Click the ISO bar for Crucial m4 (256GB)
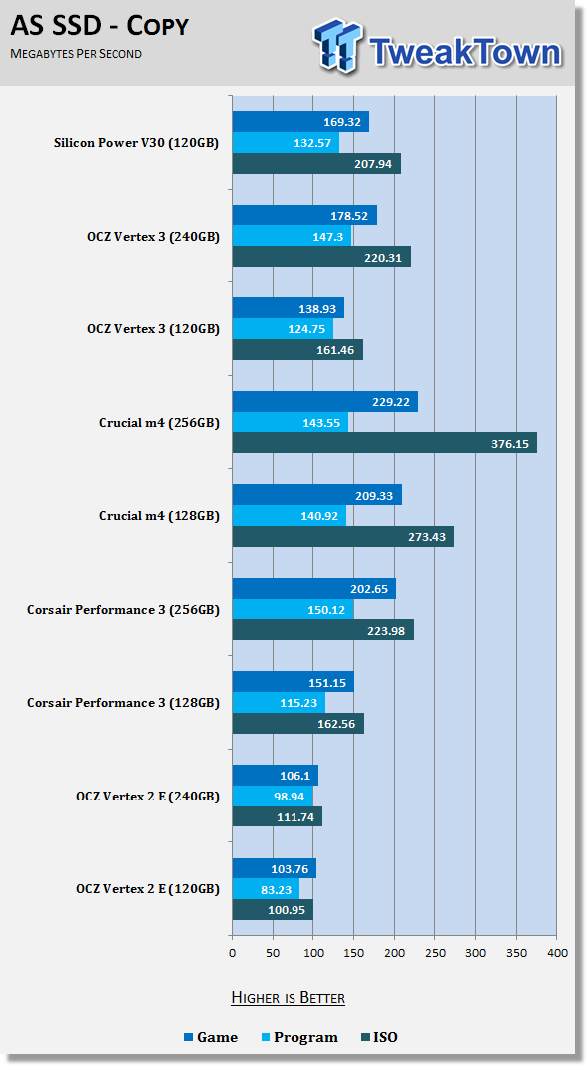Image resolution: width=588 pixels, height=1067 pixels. click(384, 444)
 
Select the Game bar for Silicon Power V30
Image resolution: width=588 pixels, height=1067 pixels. click(300, 122)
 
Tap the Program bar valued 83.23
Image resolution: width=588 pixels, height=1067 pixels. click(267, 889)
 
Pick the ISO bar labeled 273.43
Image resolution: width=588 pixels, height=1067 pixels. click(343, 537)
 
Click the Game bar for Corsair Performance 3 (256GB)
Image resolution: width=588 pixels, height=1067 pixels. click(314, 589)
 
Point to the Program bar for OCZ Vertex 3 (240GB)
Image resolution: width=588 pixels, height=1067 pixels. click(292, 237)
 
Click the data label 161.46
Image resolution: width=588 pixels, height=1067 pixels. click(336, 350)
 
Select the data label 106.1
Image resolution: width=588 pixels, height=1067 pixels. click(295, 776)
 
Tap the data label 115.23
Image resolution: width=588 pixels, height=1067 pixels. click(298, 703)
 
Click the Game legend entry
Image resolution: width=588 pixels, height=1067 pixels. click(211, 1038)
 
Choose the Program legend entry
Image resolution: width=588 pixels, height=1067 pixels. click(299, 1038)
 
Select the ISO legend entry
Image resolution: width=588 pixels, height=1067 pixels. click(379, 1038)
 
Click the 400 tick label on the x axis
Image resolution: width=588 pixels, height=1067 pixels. click(557, 953)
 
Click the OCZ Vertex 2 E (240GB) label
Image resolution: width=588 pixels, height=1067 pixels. click(148, 797)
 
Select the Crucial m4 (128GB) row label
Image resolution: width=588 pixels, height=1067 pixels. click(160, 516)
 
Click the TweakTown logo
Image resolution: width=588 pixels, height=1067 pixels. click(437, 46)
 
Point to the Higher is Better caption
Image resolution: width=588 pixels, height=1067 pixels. click(288, 998)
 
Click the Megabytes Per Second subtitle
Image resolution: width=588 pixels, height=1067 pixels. click(76, 54)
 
